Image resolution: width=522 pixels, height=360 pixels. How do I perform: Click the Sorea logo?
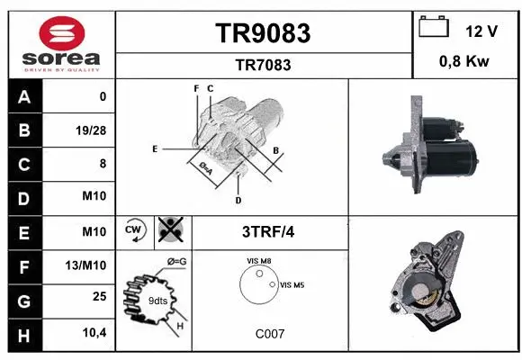61,42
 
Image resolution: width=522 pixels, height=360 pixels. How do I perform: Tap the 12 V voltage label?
481,31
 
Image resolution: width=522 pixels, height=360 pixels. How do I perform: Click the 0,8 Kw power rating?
464,61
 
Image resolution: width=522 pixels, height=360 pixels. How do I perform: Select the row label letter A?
23,96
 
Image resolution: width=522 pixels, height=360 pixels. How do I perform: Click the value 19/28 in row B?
91,130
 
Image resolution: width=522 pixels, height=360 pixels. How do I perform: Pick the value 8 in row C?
103,164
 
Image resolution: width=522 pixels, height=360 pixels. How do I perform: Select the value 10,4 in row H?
94,334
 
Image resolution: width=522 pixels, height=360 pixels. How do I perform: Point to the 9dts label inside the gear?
157,300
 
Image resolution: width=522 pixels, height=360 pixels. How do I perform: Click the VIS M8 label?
258,260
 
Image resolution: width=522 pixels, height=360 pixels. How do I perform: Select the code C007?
270,333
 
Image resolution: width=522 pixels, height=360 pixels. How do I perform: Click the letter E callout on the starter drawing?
155,148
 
